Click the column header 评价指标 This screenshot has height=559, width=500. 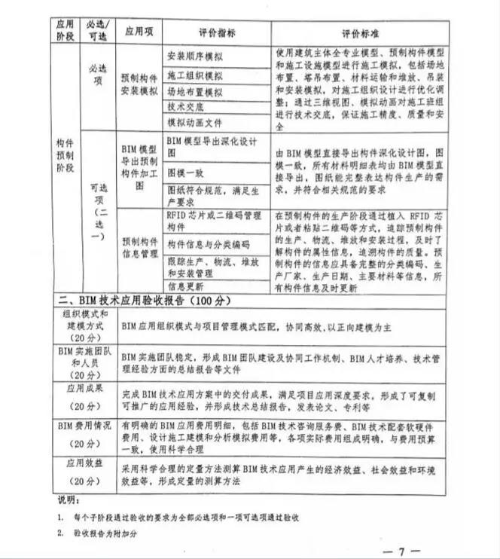217,32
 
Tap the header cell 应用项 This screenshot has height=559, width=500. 139,32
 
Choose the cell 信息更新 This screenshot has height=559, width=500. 185,286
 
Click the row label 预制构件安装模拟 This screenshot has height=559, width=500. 139,85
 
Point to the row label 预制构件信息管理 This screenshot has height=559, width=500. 139,249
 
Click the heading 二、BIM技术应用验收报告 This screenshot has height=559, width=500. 143,303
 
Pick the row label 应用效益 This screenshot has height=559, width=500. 85,469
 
